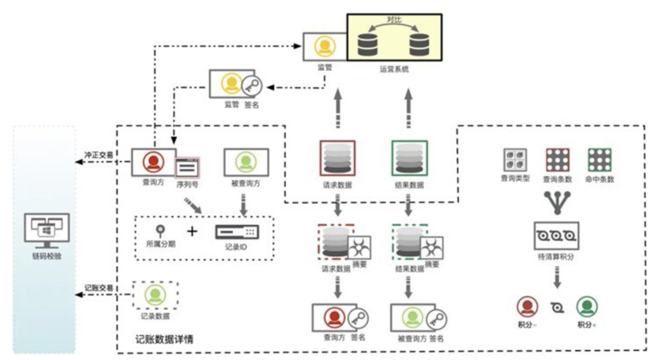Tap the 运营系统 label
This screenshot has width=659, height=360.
394,69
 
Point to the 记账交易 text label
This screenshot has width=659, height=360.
98,287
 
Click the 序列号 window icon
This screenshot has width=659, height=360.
188,167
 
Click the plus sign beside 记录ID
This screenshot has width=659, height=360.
192,231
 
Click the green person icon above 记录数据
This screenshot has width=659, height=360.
155,295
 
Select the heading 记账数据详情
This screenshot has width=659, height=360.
163,338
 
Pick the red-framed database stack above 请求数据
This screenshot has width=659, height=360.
337,157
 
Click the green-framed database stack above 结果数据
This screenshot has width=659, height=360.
409,157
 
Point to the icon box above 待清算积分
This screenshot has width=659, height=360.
557,235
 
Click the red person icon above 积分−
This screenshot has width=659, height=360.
527,307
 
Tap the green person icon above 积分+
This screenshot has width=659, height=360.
587,307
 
